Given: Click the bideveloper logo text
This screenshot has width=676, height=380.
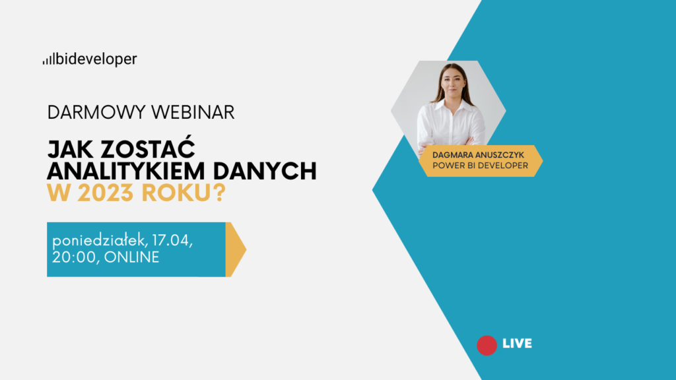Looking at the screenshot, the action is point(96,59).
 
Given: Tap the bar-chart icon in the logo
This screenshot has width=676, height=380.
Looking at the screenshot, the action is point(48,60).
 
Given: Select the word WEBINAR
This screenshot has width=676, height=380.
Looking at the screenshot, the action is point(193,112).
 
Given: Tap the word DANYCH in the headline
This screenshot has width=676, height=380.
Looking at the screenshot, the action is point(265,171).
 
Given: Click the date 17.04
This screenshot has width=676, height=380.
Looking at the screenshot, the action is point(172,241).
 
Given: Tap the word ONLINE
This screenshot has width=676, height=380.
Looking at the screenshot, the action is point(131,257).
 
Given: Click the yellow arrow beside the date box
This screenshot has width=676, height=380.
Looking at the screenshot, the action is point(234,249).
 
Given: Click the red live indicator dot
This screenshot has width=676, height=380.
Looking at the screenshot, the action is point(487,346).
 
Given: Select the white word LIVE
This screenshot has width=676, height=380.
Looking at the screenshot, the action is point(518,343).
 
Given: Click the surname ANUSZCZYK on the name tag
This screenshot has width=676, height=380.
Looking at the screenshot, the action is point(502,155).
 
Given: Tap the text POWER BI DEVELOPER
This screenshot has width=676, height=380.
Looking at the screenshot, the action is point(481,166).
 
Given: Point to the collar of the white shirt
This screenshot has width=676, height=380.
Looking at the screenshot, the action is point(451,105).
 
